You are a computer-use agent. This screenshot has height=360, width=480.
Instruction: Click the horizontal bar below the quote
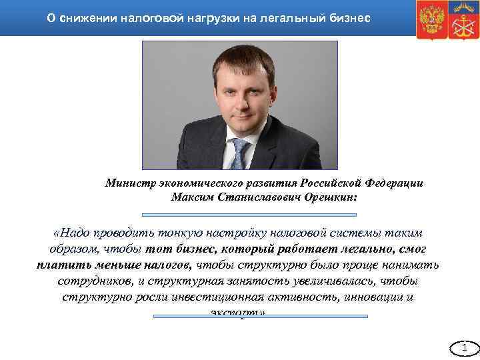[261, 316]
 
